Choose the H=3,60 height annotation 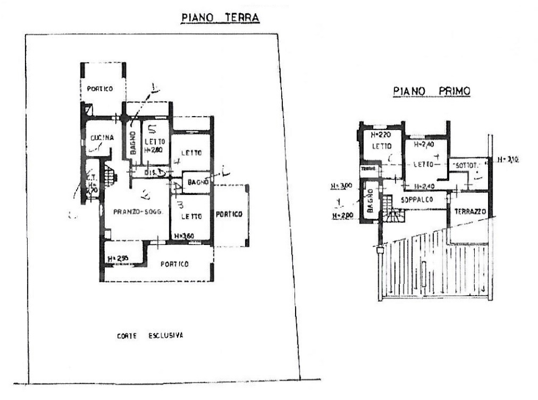[184, 236]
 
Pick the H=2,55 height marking [119, 258]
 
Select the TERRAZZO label [469, 212]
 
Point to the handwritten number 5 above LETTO [150, 129]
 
